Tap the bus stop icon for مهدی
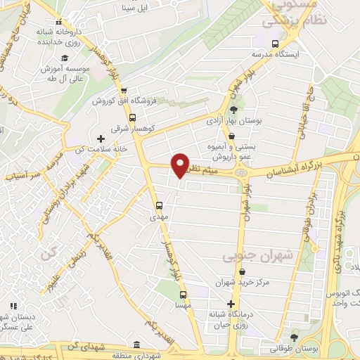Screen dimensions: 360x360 159,206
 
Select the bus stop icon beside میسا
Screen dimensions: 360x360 183,295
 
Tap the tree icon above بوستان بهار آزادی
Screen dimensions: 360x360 235,109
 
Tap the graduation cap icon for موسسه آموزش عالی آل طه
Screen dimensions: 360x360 64,58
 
